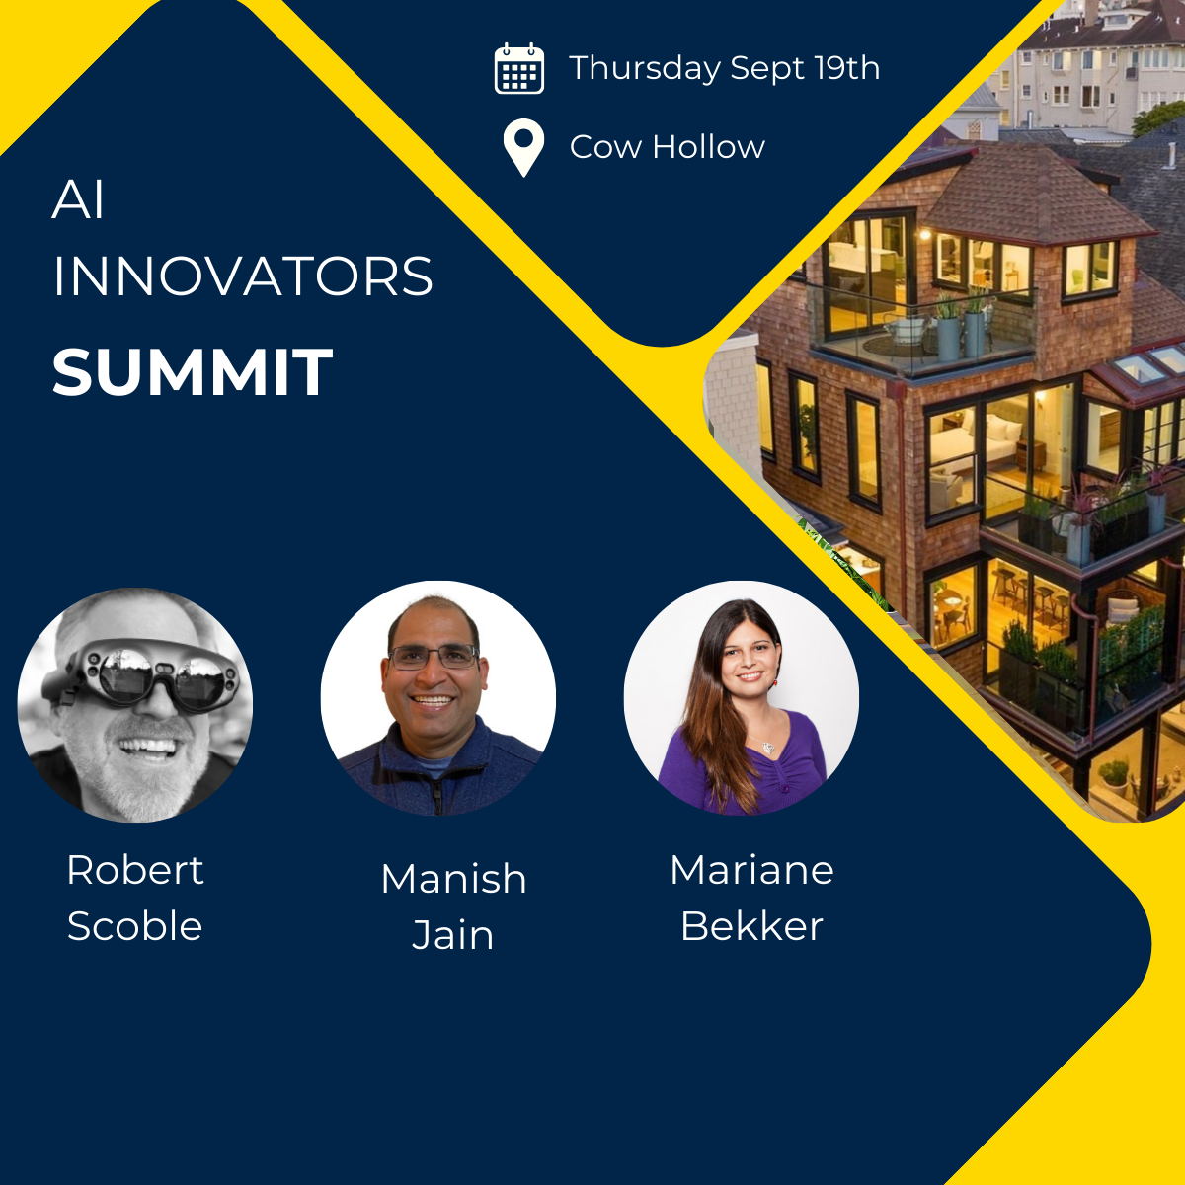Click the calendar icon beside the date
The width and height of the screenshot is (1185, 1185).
coord(519,68)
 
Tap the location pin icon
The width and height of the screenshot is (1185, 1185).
coord(523,147)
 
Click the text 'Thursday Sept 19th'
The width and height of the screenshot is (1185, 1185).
coord(725,68)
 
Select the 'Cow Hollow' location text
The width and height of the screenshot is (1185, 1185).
coord(668,147)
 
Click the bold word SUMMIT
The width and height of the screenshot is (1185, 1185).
coord(193,372)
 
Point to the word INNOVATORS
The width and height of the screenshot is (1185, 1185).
coord(243,276)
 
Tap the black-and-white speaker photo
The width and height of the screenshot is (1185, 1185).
coord(135,705)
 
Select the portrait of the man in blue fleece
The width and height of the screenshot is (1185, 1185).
coord(437,698)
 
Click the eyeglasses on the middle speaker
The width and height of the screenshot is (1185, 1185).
coord(434,658)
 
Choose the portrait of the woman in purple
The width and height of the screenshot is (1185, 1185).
coord(742,698)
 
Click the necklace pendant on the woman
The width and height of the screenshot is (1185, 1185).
coord(768,748)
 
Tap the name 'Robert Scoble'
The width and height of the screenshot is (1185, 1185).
coord(134,898)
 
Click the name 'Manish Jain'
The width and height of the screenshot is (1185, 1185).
coord(454,907)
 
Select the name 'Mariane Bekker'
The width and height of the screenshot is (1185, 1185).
coord(752,898)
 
